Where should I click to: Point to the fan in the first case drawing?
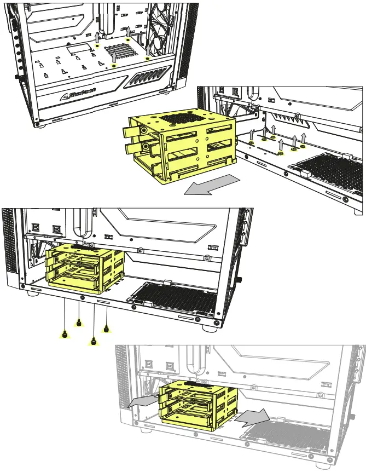tap(164, 27)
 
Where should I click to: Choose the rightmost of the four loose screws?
tap(106, 329)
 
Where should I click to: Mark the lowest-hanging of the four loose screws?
tap(93, 342)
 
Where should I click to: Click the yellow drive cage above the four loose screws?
tap(85, 268)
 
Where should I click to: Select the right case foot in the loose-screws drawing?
tap(209, 329)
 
